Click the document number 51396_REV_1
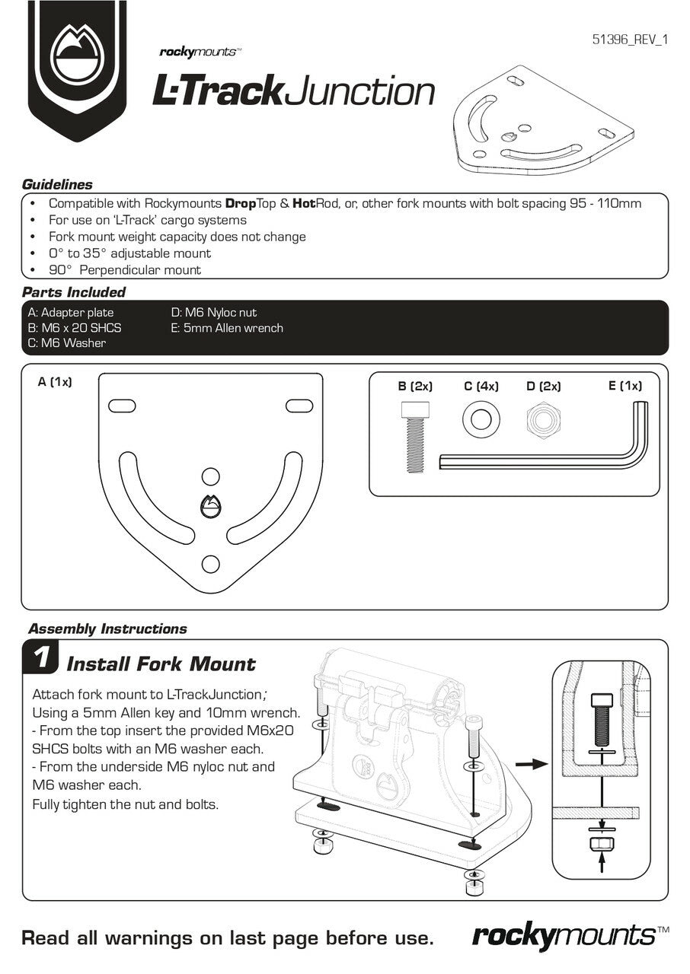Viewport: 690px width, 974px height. pyautogui.click(x=629, y=40)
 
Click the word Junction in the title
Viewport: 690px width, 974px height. pyautogui.click(x=361, y=91)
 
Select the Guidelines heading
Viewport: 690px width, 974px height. pyautogui.click(x=57, y=184)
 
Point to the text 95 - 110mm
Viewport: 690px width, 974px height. pyautogui.click(x=605, y=204)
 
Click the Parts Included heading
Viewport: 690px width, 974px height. pyautogui.click(x=74, y=292)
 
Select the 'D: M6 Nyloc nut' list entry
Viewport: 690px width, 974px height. pyautogui.click(x=214, y=313)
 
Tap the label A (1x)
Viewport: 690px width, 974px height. pyautogui.click(x=55, y=382)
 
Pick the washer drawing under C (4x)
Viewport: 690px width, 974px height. pyautogui.click(x=480, y=419)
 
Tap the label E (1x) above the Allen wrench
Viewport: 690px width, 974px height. pyautogui.click(x=625, y=386)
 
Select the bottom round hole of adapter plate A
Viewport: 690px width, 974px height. pyautogui.click(x=210, y=564)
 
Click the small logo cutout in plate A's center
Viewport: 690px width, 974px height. pyautogui.click(x=210, y=506)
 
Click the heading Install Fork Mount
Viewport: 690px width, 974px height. pyautogui.click(x=161, y=664)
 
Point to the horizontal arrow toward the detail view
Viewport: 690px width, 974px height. pyautogui.click(x=531, y=763)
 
